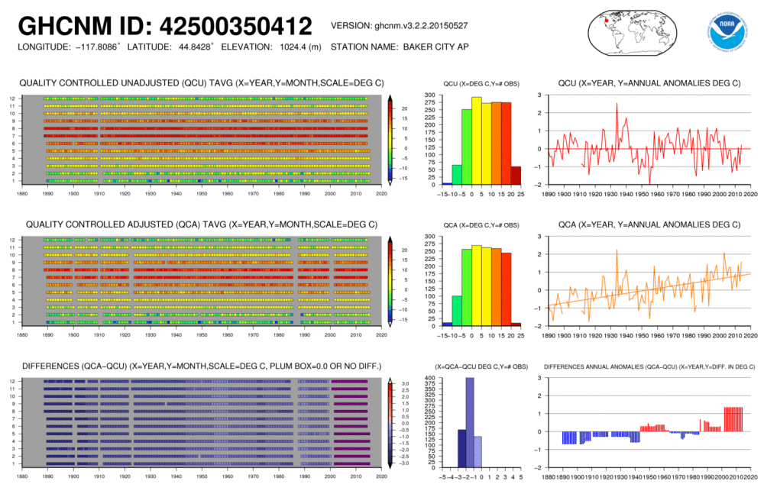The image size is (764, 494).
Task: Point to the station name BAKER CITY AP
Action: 432,47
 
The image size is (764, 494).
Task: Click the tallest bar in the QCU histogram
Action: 476,140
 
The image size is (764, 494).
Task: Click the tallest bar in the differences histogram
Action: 471,421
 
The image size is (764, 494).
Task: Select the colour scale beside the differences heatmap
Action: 390,421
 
